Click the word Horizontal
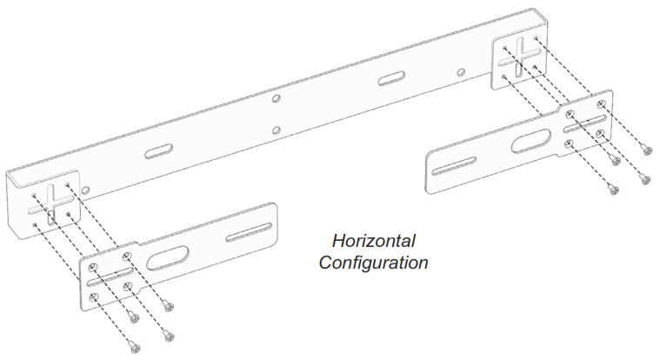373,241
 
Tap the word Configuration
373,263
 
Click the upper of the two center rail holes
277,99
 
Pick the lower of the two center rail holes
277,130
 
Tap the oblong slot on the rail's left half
158,151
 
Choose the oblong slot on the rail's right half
391,78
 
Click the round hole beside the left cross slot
85,190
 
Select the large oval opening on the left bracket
168,258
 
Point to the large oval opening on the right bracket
531,141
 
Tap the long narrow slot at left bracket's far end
249,233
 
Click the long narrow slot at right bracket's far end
454,165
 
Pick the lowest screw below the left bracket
134,347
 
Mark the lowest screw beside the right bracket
613,190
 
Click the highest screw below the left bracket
169,306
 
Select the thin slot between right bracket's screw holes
586,123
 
